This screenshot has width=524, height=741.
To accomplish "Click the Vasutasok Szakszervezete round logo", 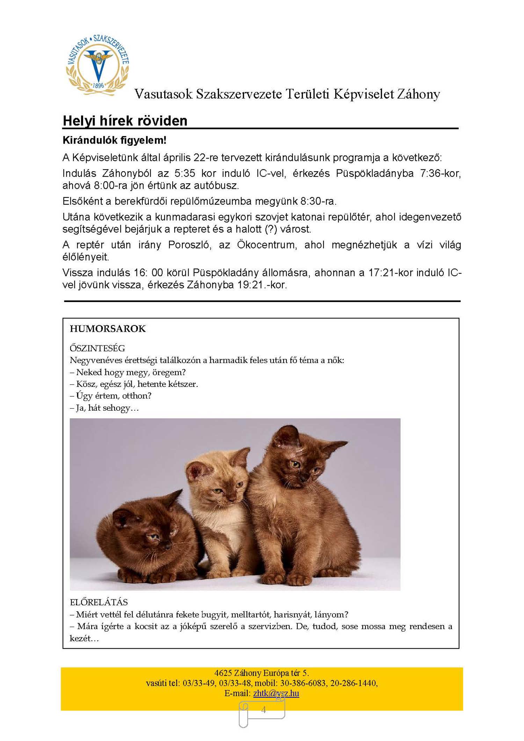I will [97, 65].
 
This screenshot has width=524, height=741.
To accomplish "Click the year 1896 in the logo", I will [99, 85].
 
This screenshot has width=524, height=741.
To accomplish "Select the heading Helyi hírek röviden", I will [125, 121].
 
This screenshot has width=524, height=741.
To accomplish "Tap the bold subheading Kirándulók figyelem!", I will [114, 140].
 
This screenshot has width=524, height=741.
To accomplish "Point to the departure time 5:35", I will [185, 173].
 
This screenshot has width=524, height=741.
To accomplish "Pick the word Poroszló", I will [189, 245].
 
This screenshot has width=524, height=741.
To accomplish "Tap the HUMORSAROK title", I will [108, 329].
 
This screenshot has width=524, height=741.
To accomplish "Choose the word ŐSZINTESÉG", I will [97, 348].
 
